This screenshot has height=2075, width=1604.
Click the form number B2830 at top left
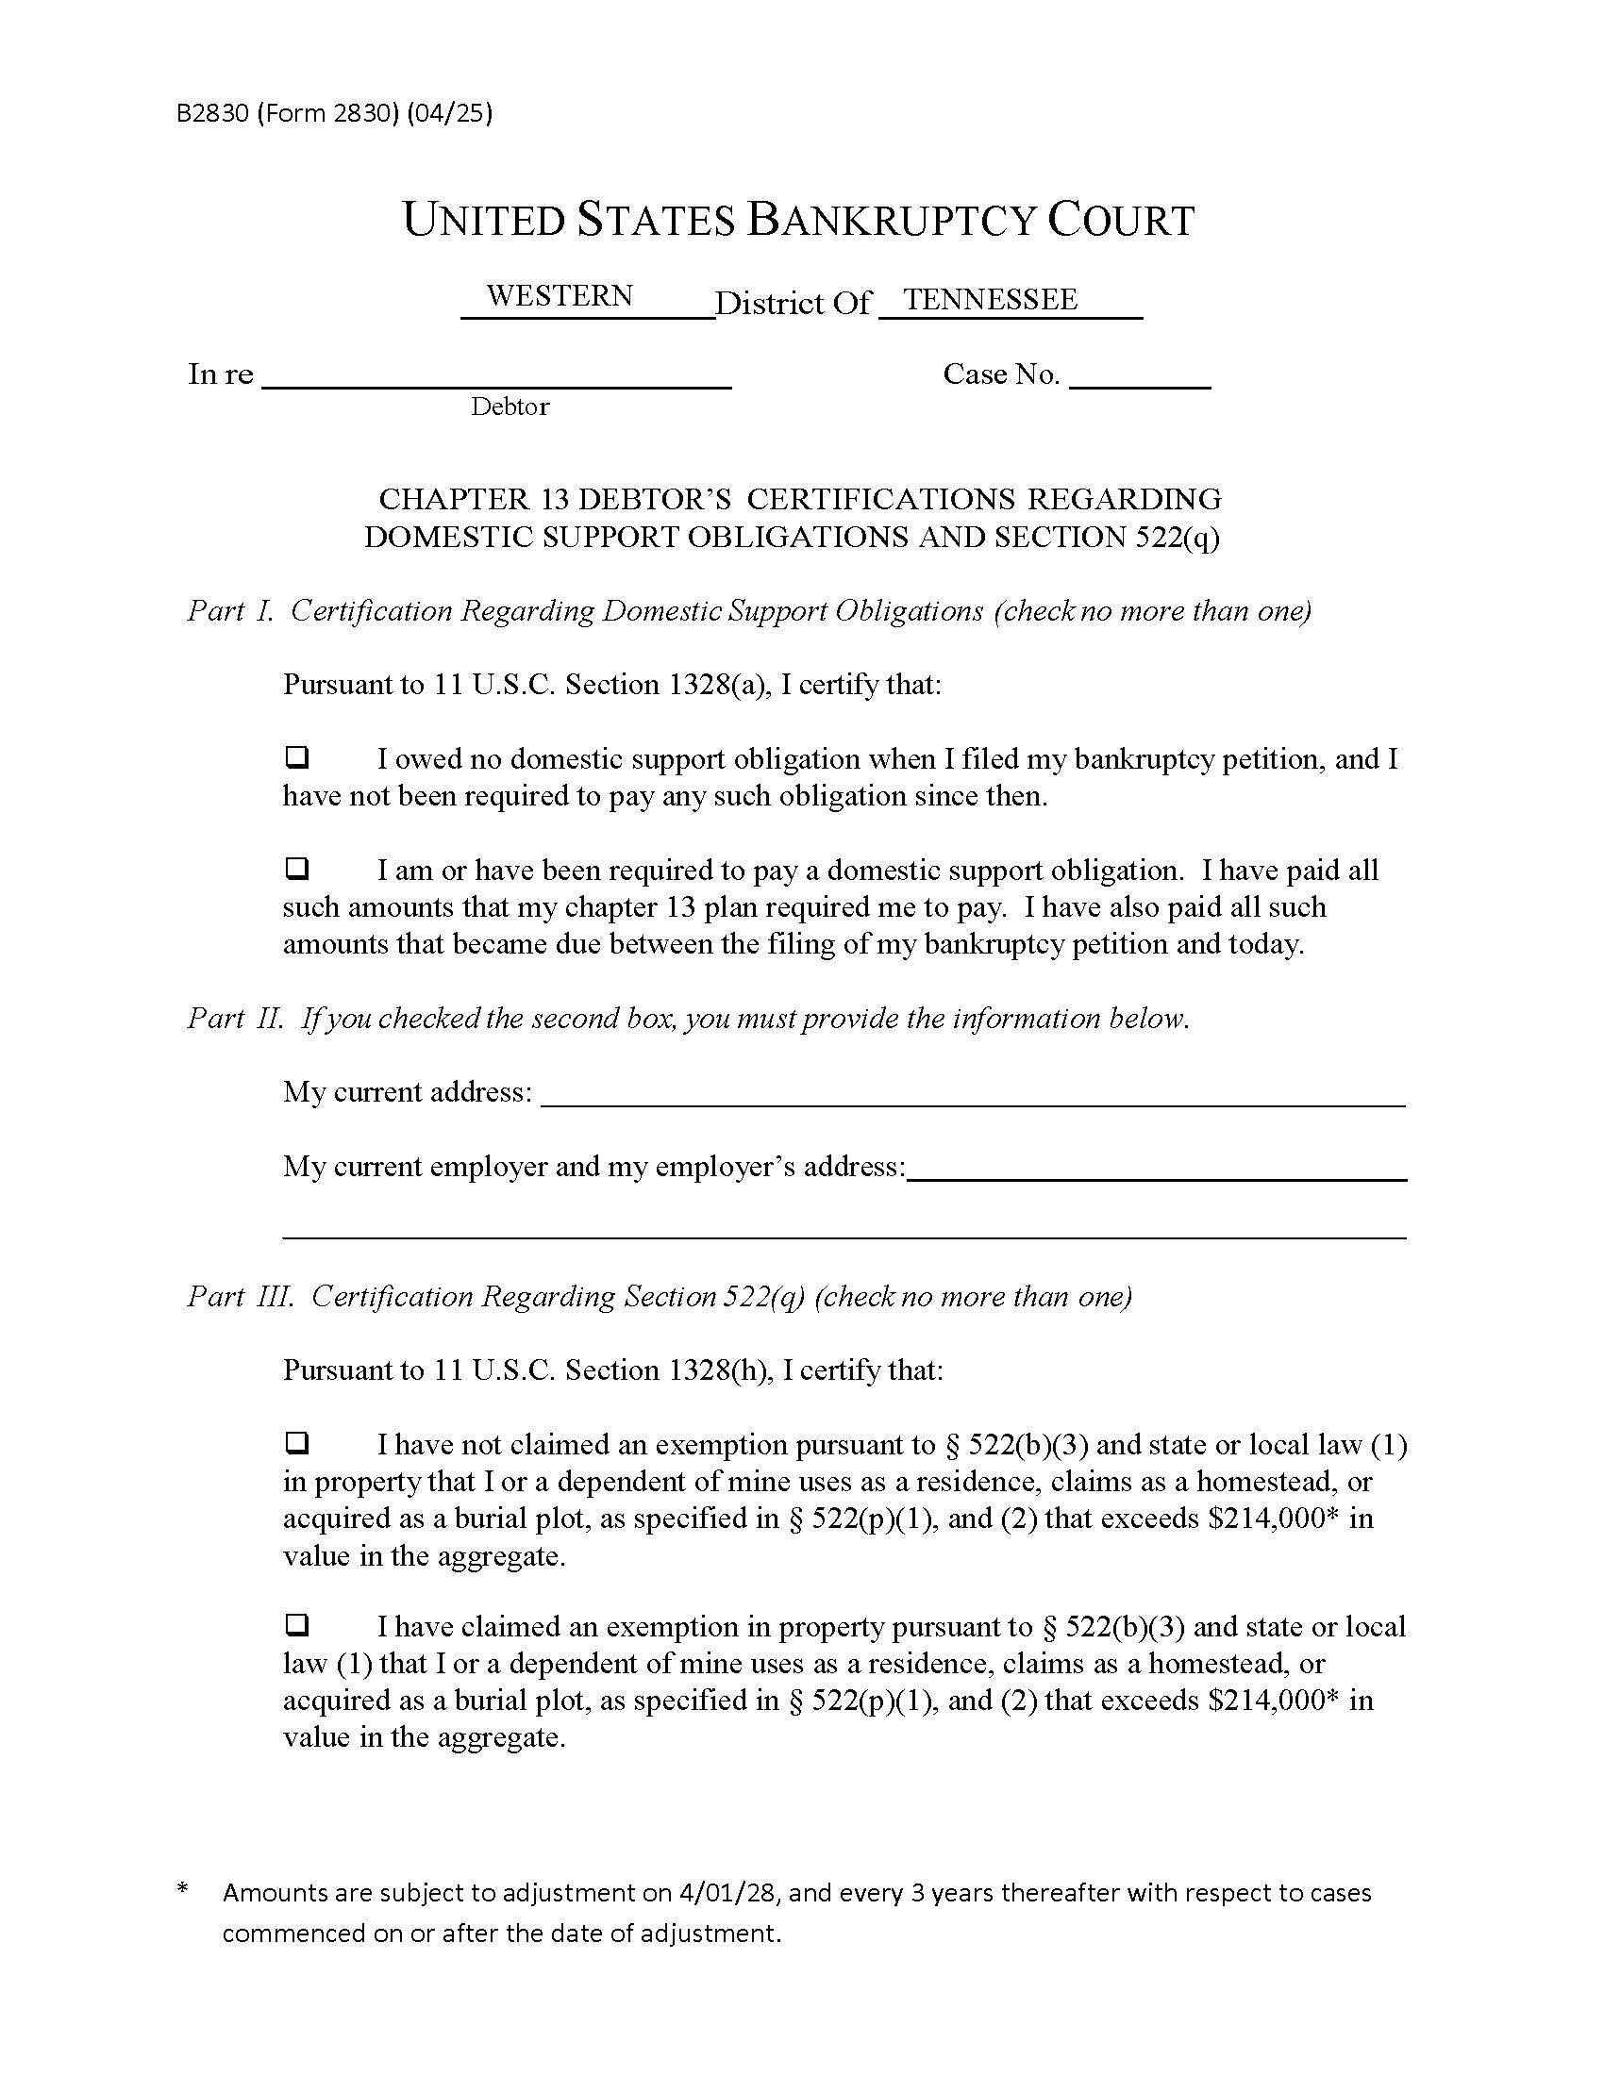[212, 114]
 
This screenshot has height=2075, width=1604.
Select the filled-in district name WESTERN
[560, 295]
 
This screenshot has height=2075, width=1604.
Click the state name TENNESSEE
[990, 299]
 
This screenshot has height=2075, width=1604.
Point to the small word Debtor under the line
[510, 407]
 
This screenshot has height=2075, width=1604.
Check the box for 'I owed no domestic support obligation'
[297, 757]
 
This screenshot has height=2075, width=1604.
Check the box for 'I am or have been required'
[297, 869]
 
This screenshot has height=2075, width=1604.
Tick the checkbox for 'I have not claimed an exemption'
[297, 1443]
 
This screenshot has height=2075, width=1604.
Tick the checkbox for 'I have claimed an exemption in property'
[297, 1626]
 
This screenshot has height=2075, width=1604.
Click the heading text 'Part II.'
[236, 1019]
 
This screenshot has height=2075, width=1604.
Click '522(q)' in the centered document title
[1178, 538]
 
